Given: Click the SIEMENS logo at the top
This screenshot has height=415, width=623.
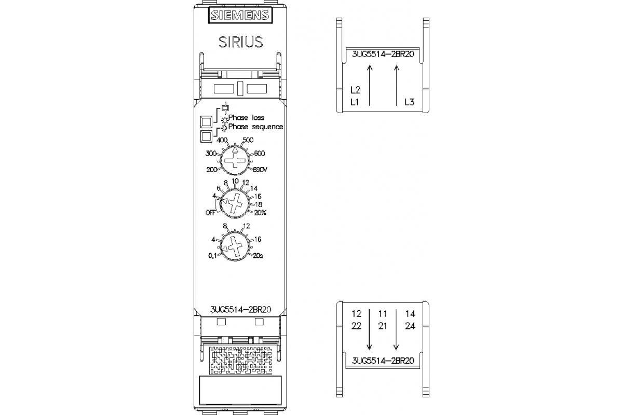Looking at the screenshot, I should [240, 16].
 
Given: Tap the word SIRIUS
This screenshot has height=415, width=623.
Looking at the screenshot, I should [240, 42].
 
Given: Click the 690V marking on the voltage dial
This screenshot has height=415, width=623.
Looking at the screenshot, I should [261, 170].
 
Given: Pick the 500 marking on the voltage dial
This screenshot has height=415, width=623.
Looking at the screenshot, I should [248, 140].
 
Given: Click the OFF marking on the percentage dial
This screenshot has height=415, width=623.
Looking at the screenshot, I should [210, 213].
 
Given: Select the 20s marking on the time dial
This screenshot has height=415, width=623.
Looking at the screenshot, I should [258, 255].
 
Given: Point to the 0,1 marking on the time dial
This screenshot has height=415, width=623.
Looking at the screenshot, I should [212, 255].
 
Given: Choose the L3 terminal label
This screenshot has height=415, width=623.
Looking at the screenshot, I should [409, 102].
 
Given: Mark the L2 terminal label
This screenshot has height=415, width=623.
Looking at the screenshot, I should [356, 90].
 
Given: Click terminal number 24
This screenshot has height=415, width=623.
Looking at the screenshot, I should [410, 326].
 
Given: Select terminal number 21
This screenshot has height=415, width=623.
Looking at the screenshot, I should [383, 326].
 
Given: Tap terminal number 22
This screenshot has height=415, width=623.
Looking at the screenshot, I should [356, 326].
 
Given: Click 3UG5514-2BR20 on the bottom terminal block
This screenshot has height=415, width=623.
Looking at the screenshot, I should [383, 361].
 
